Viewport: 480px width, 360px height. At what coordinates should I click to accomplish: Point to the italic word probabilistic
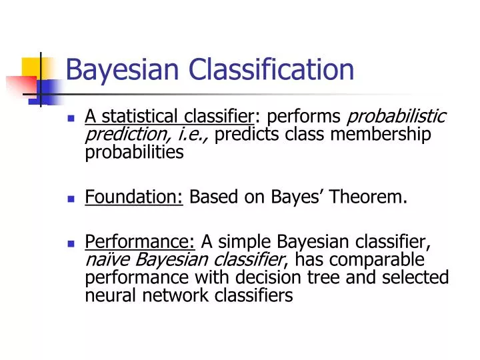[398, 117]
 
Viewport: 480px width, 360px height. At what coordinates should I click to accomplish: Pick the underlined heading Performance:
[141, 241]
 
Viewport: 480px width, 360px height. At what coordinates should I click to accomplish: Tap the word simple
[247, 241]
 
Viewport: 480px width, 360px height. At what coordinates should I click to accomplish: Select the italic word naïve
[105, 259]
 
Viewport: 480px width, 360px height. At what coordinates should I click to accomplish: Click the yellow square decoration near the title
[32, 67]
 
